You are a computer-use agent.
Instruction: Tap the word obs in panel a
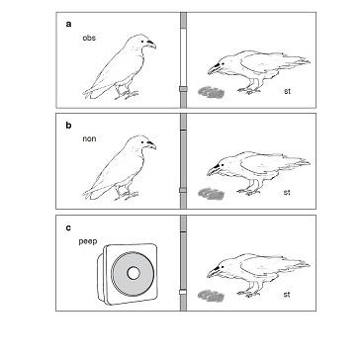point(88,38)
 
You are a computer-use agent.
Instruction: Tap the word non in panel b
point(87,139)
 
